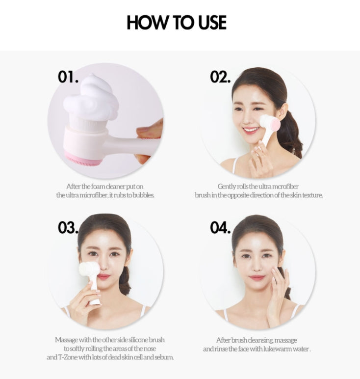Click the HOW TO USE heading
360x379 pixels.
[177, 23]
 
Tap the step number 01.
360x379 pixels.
[68, 77]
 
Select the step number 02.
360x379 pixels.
[220, 77]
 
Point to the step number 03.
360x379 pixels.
[68, 227]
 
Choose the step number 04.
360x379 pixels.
[220, 227]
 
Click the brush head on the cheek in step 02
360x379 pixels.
[270, 124]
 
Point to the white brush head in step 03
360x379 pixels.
[89, 270]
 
